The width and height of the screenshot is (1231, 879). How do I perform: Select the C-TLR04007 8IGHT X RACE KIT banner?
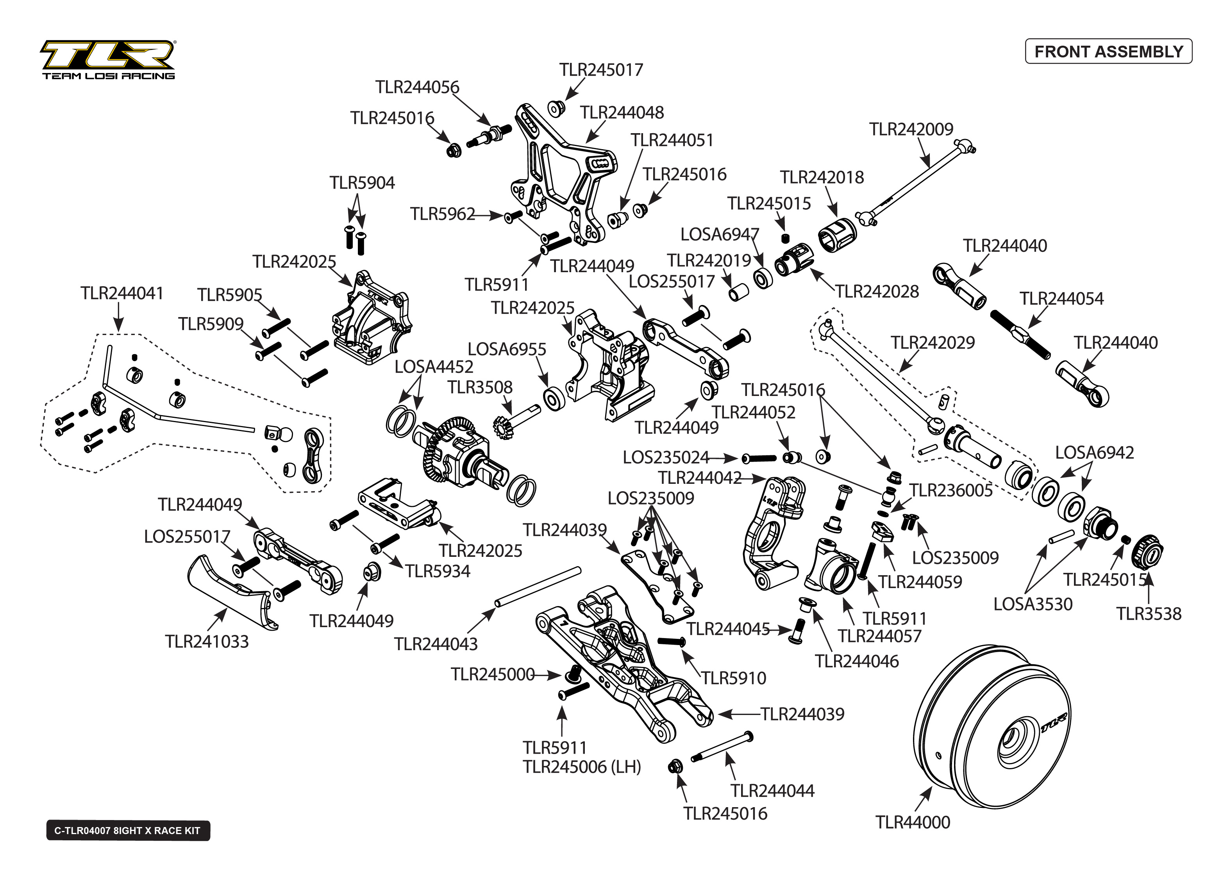128,830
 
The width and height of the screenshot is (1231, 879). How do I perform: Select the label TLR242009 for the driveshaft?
911,129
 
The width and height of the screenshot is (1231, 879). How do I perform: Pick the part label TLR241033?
207,642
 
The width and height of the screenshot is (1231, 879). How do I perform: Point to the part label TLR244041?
122,293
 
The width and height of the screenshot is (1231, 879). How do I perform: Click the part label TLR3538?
1149,614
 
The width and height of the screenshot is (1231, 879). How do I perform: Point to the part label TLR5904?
362,182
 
